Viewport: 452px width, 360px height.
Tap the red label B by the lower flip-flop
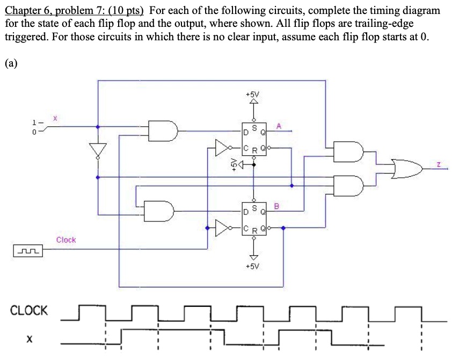tap(278, 205)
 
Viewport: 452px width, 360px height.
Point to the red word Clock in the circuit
tap(66, 240)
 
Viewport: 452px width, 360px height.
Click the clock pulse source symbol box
tap(26, 250)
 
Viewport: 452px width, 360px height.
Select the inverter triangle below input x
tap(98, 149)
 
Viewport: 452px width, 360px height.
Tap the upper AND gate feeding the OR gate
tap(347, 151)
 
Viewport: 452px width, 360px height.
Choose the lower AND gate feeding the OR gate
tap(347, 185)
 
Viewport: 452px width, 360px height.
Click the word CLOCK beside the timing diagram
tap(29, 310)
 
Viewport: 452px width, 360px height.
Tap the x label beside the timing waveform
tap(30, 339)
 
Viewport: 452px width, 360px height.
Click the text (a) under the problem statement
tap(11, 63)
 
